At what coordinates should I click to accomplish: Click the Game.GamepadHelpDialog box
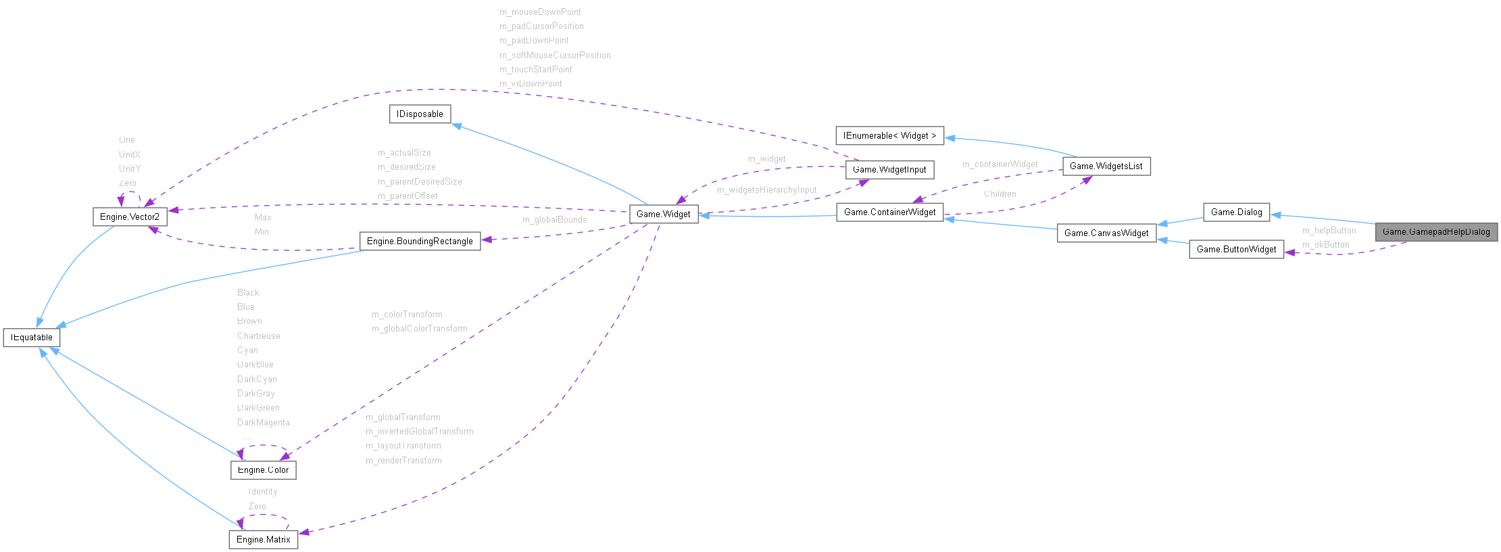1436,232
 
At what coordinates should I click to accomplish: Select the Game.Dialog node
1236,212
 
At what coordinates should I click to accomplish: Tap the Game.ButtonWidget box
1236,250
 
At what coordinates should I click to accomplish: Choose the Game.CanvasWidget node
1106,233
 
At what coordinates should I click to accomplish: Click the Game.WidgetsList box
1106,166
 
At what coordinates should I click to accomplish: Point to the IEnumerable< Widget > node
889,136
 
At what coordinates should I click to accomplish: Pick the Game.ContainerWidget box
889,212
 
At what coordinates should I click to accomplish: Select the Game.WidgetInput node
889,170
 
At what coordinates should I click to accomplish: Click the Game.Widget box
663,214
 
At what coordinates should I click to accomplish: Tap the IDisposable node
420,114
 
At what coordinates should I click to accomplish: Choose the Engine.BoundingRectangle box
420,241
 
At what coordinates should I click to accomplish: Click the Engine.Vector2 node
129,217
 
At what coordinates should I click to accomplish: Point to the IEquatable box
32,338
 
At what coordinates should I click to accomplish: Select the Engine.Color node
263,470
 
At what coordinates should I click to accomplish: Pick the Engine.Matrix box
263,540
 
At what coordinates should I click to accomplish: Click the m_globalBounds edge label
554,220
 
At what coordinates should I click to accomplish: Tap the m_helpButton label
1329,231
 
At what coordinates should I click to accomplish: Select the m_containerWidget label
1000,164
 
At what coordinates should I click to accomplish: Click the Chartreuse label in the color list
258,336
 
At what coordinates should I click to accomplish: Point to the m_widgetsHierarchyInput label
766,190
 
